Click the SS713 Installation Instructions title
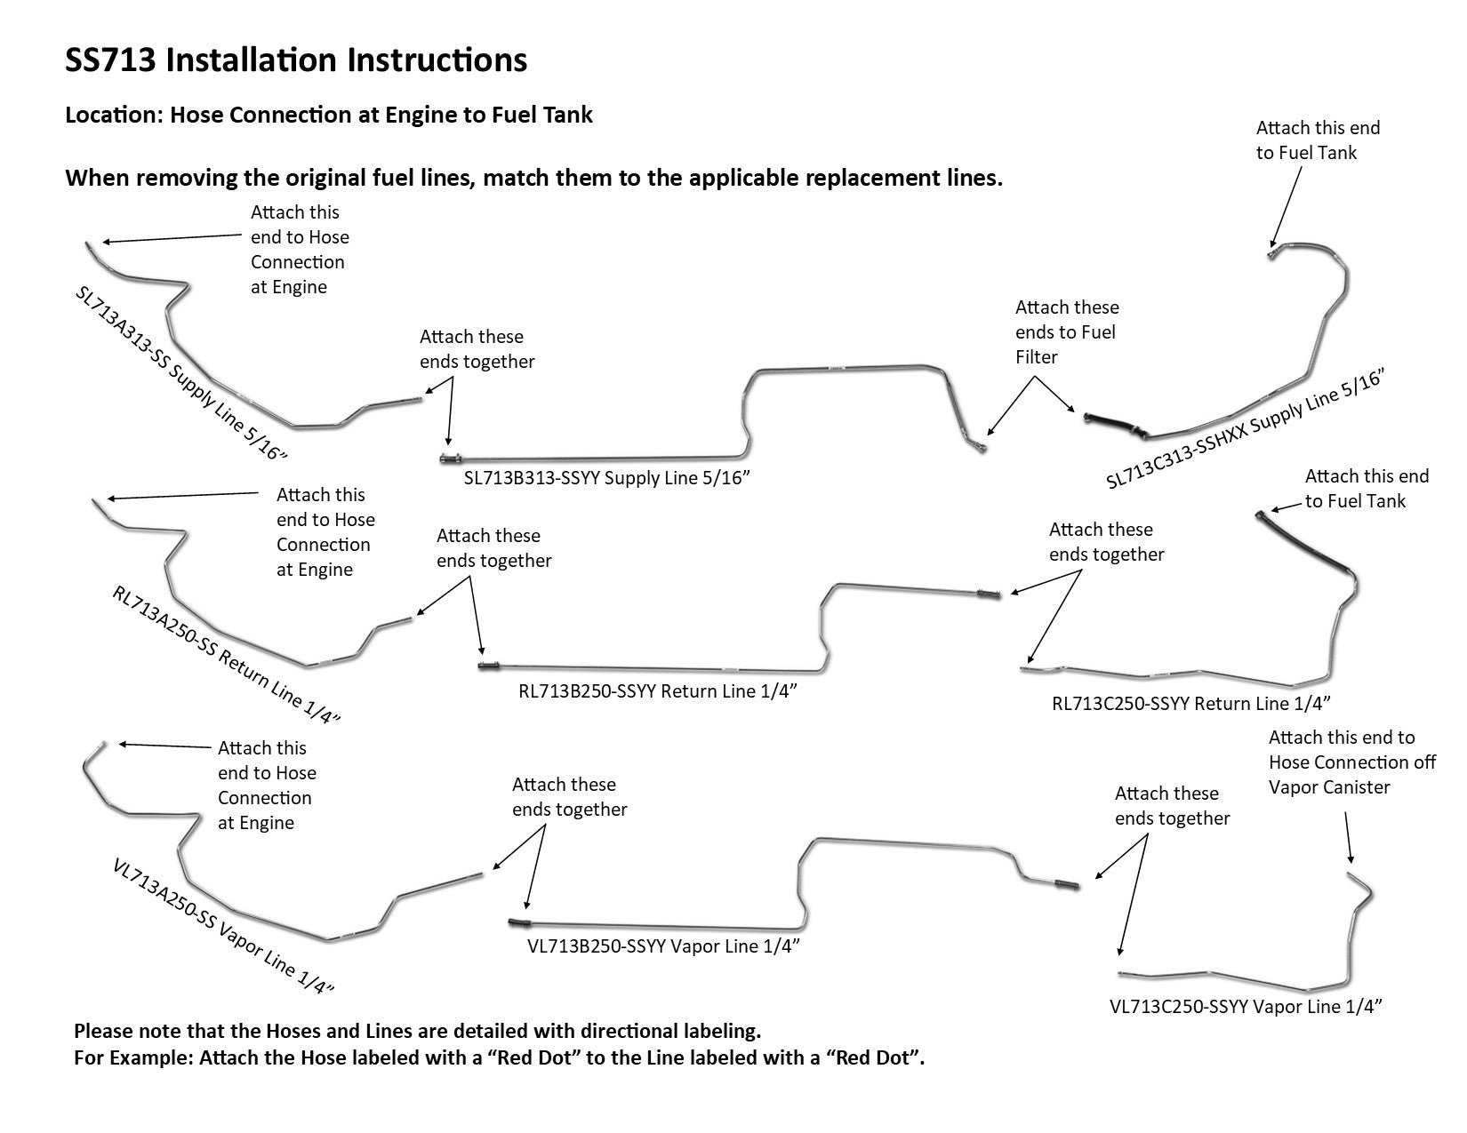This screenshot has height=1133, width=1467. (x=296, y=60)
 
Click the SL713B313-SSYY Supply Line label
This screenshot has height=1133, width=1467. (x=607, y=479)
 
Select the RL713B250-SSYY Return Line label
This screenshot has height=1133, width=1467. (x=657, y=691)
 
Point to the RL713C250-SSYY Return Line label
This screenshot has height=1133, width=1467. (x=1190, y=704)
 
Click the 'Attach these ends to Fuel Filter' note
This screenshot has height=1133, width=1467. (x=1067, y=332)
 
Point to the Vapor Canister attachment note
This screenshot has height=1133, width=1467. (x=1351, y=762)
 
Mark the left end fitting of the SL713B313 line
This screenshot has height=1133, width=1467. (x=448, y=458)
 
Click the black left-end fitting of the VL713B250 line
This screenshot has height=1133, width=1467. (x=519, y=922)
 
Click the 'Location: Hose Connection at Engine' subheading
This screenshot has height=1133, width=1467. (x=329, y=115)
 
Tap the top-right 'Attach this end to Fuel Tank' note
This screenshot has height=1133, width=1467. (x=1318, y=140)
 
